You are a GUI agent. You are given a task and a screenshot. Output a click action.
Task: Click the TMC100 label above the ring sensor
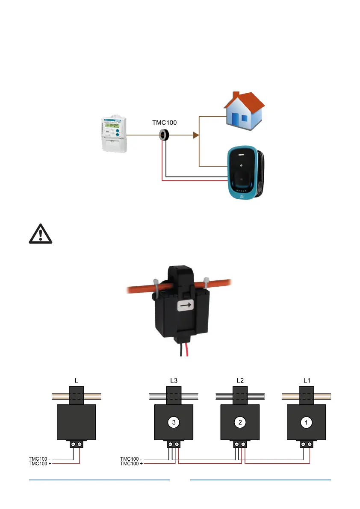[164, 122]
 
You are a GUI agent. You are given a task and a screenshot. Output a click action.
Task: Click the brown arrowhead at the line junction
[196, 135]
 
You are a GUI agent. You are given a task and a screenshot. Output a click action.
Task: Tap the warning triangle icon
[40, 234]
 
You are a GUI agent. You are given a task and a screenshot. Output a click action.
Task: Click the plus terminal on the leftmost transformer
[80, 444]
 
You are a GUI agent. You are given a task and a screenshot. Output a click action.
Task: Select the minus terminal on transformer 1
[303, 444]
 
